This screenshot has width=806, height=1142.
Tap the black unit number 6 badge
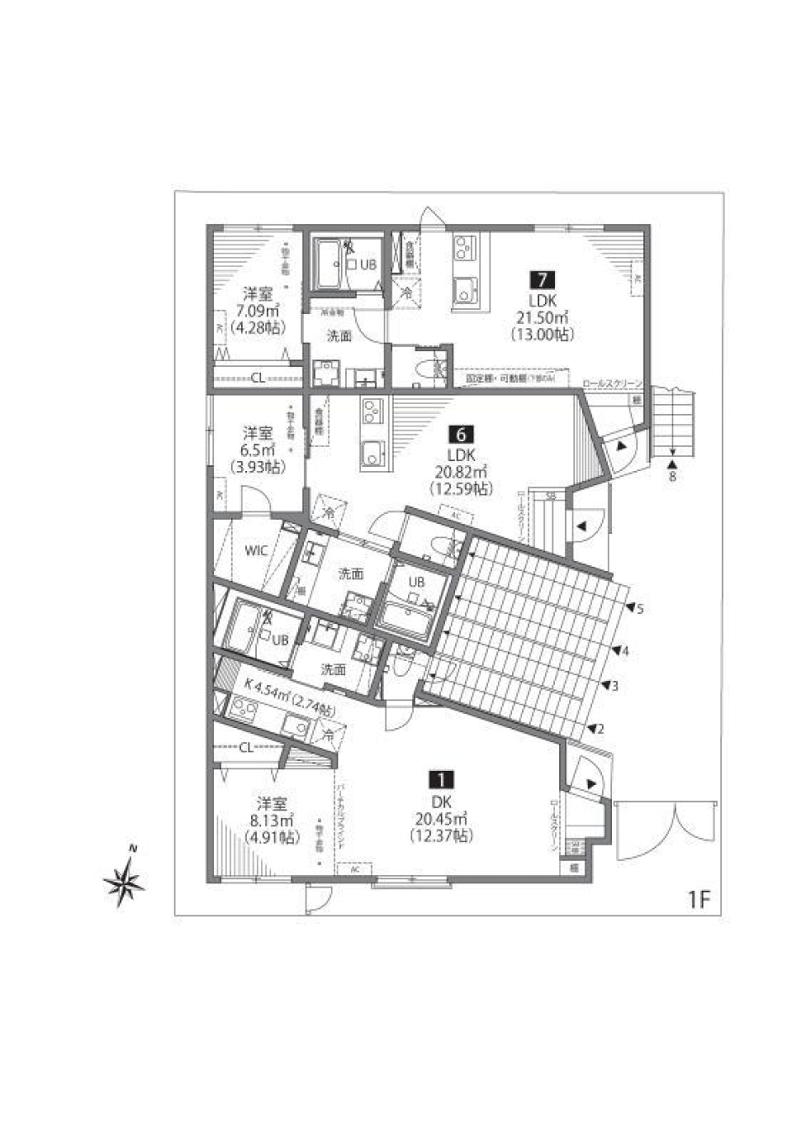461,434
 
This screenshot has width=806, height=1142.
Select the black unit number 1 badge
442,779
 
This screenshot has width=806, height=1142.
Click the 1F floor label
699,900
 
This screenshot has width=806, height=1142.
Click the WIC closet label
256,551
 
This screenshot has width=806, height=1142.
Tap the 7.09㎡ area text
258,311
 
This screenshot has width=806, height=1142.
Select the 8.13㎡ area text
270,820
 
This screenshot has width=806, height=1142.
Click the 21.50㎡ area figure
542,317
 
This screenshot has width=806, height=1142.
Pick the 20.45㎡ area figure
442,820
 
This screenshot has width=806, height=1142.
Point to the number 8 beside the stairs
673,477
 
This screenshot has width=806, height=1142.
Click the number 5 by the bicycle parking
640,609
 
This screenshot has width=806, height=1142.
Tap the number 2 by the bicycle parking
601,729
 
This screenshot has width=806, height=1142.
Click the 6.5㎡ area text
259,451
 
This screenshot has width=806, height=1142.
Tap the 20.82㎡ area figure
461,472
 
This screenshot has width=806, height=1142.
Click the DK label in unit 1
442,803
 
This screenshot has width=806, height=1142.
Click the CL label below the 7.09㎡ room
259,378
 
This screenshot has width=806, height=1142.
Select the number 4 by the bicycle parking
625,650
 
